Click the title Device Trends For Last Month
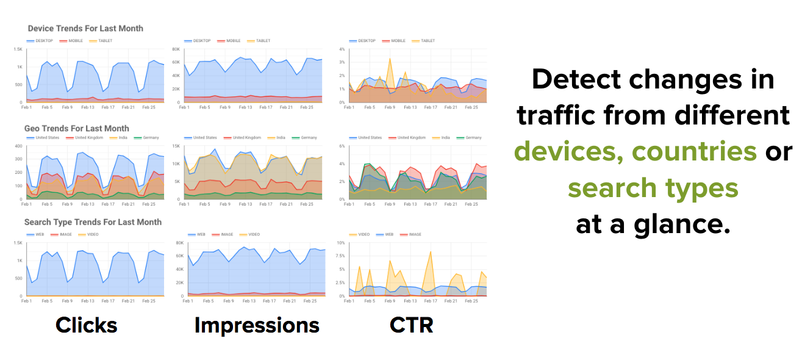85,29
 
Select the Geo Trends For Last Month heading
77,129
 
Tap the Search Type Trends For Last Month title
93,222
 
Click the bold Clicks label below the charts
86,325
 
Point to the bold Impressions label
257,325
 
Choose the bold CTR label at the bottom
411,325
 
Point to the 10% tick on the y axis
341,243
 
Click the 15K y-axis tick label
177,146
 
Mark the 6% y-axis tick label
342,146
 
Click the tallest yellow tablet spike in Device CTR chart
390,59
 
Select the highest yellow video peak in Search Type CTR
431,251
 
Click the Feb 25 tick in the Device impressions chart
307,107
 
